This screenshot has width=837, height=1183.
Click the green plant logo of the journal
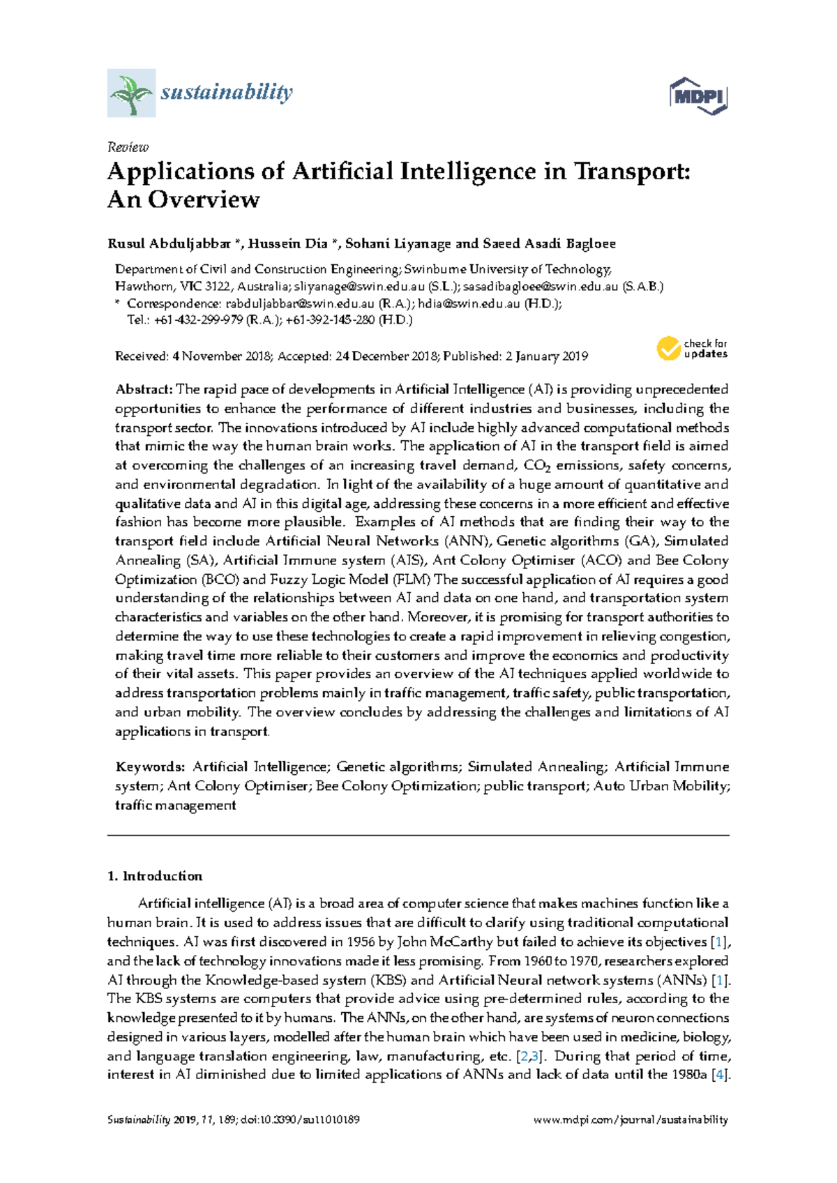click(131, 93)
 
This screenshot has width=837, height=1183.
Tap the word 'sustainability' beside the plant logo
click(227, 92)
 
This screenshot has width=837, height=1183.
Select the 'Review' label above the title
click(128, 147)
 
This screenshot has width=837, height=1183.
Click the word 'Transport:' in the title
click(631, 172)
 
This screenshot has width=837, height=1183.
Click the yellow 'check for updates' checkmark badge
click(668, 348)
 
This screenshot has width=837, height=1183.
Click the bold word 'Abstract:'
click(144, 389)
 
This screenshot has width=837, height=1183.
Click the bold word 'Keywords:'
click(150, 767)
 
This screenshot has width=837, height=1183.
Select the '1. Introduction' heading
click(155, 876)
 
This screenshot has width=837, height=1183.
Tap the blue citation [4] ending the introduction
click(721, 1075)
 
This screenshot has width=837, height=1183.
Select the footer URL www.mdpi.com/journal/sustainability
click(631, 1120)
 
